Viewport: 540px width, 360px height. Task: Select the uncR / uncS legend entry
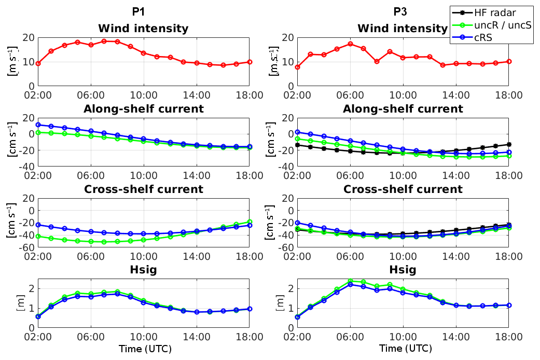(x=502, y=24)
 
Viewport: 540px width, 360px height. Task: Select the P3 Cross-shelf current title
(x=403, y=189)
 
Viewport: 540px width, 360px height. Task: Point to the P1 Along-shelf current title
(x=143, y=109)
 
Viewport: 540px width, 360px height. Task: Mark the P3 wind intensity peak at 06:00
(x=350, y=44)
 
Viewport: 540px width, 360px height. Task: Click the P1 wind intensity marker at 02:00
(x=38, y=63)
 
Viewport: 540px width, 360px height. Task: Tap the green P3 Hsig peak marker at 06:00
(x=350, y=281)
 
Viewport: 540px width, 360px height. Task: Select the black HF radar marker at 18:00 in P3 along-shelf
(x=509, y=144)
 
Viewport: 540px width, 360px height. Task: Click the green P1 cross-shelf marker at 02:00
(x=38, y=236)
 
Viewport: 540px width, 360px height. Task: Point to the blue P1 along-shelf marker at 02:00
(x=38, y=124)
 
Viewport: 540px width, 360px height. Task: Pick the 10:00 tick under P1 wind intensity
(x=144, y=95)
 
